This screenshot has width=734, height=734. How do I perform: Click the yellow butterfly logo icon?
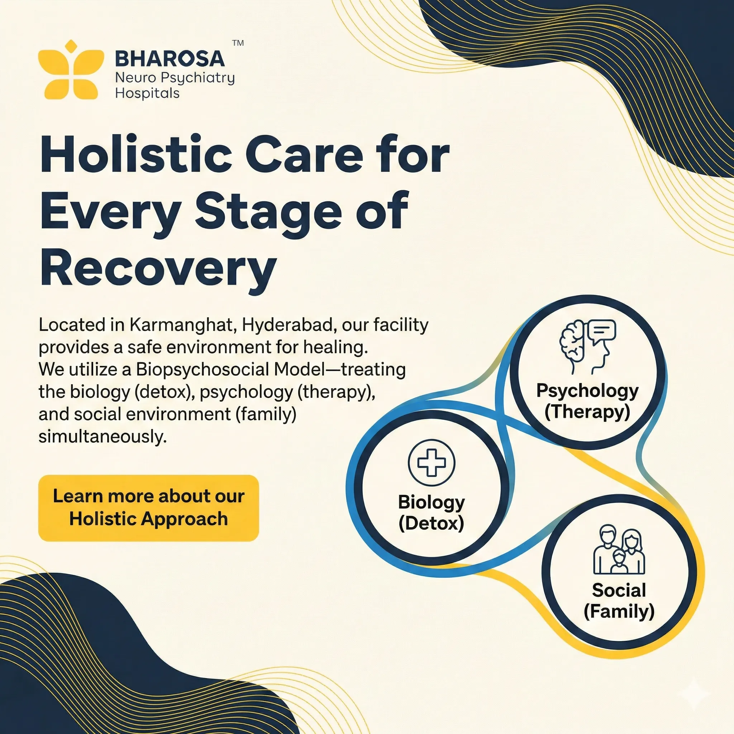coord(71,70)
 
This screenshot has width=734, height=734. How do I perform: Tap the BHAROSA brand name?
coord(170,58)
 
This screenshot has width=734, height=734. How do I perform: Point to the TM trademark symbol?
coord(238,43)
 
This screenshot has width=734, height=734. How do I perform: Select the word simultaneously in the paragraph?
coord(103,437)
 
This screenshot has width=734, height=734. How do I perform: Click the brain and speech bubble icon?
coord(588,346)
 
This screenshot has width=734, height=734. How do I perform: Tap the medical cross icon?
coord(432,462)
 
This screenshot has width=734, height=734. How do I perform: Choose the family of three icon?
coord(619,550)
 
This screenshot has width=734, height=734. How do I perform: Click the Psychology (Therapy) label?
coord(587,401)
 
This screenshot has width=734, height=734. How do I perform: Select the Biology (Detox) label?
coord(431,513)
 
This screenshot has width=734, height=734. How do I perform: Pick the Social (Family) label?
coord(619,601)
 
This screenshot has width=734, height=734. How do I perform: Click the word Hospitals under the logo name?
coord(147,94)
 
